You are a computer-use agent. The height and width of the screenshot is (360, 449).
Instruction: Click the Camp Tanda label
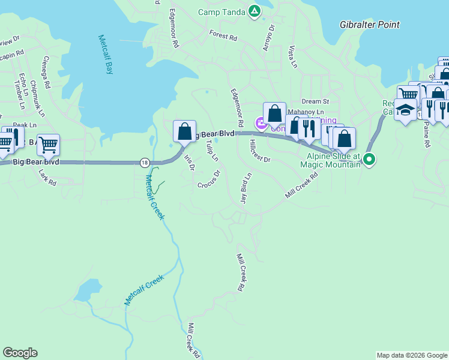pos(221,11)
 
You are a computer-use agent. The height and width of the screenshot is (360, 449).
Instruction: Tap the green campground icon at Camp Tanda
pos(255,11)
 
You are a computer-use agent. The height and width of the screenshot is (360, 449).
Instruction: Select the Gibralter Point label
pos(369,25)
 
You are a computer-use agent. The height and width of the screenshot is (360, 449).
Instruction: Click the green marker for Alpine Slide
pos(370,159)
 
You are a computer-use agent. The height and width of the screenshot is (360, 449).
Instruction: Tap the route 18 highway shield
pos(145,162)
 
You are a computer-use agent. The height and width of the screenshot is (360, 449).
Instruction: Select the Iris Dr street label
pos(189,163)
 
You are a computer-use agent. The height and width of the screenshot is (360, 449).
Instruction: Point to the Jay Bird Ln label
pos(244,188)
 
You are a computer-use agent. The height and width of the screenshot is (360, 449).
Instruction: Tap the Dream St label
pos(316,102)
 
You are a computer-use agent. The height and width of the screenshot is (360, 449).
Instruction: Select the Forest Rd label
pos(223,36)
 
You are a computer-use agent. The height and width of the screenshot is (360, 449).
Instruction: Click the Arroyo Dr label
pos(268,37)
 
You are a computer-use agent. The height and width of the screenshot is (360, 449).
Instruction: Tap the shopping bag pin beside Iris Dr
pos(185,131)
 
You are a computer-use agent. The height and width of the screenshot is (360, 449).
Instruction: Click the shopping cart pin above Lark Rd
pos(48,144)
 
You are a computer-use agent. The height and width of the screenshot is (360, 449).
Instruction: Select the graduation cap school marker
pos(405,110)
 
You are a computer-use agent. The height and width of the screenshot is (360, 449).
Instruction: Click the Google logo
pos(20,353)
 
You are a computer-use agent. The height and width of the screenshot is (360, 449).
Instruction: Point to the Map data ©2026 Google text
pos(411,355)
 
